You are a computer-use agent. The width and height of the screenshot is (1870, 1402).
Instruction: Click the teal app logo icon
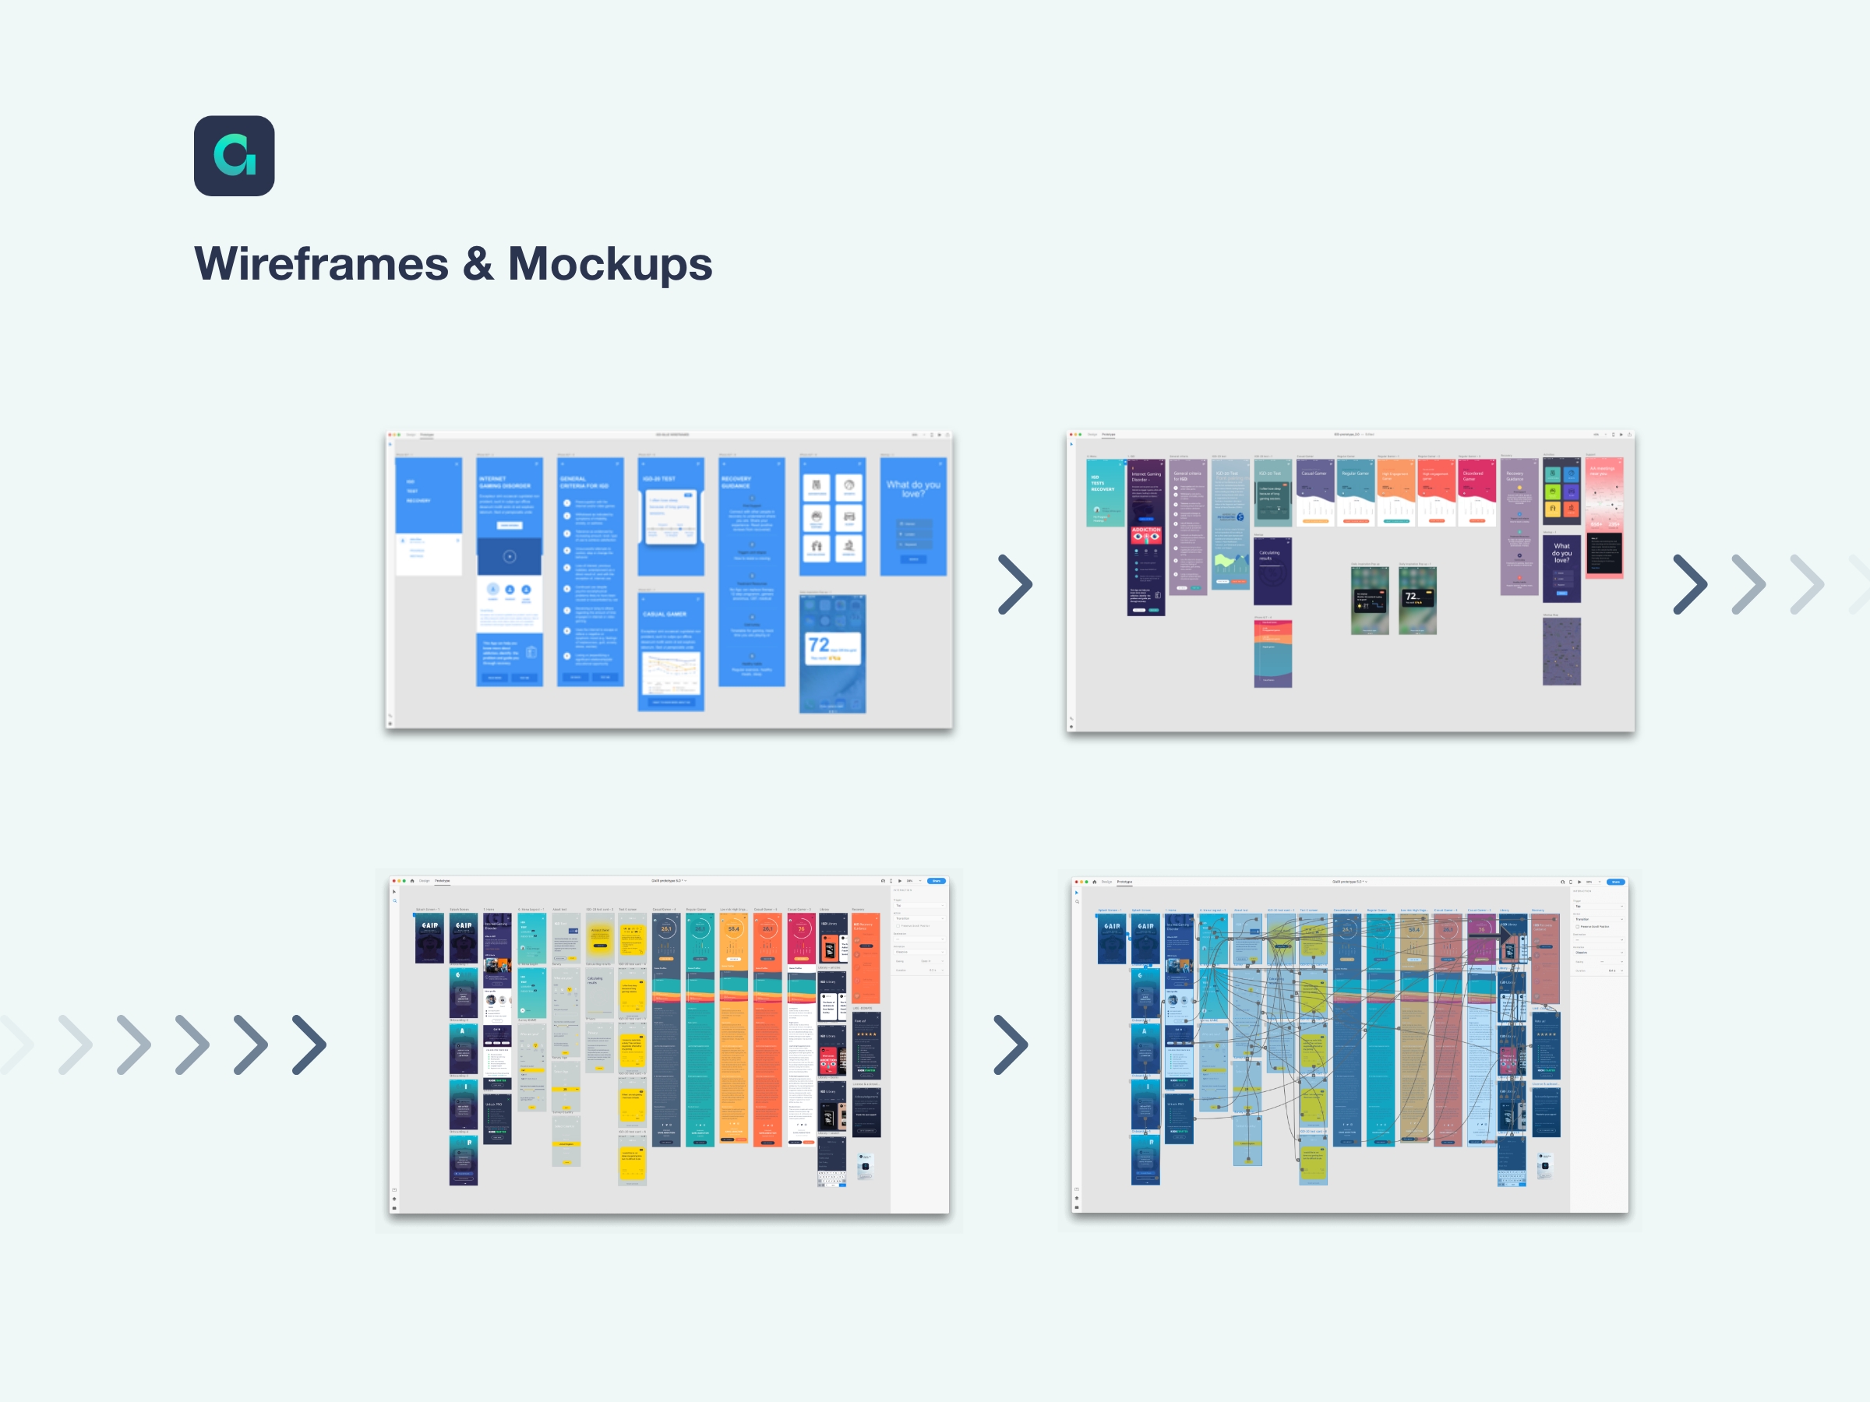pyautogui.click(x=235, y=157)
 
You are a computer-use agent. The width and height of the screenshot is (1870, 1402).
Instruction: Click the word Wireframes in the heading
pyautogui.click(x=321, y=264)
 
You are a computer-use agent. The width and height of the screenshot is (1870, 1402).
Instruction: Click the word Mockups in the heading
pyautogui.click(x=609, y=264)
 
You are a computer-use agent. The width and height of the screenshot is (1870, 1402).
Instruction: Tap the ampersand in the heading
pyautogui.click(x=478, y=264)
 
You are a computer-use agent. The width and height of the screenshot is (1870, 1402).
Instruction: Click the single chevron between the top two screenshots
pyautogui.click(x=1014, y=584)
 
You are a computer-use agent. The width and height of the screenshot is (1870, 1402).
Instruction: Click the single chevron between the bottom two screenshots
pyautogui.click(x=1011, y=1044)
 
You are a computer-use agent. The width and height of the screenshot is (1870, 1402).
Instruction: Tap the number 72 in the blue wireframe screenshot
pyautogui.click(x=818, y=645)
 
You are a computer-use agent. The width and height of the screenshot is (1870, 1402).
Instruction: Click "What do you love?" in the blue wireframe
pyautogui.click(x=913, y=488)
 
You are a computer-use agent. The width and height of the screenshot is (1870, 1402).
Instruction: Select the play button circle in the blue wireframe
pyautogui.click(x=509, y=556)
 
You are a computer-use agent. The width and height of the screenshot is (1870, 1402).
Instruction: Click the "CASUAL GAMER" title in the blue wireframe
pyautogui.click(x=665, y=615)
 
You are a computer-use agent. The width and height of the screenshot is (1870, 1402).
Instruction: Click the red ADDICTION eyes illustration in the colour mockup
pyautogui.click(x=1145, y=535)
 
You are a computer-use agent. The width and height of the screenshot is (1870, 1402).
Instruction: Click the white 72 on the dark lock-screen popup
pyautogui.click(x=1410, y=597)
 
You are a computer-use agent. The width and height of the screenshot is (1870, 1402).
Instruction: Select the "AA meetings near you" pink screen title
pyautogui.click(x=1602, y=470)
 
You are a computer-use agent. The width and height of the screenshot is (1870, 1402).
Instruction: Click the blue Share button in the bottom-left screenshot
pyautogui.click(x=936, y=881)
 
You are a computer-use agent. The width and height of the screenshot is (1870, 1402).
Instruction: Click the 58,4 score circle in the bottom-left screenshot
pyautogui.click(x=734, y=928)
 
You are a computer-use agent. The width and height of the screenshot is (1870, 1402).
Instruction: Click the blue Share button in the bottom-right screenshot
pyautogui.click(x=1615, y=882)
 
